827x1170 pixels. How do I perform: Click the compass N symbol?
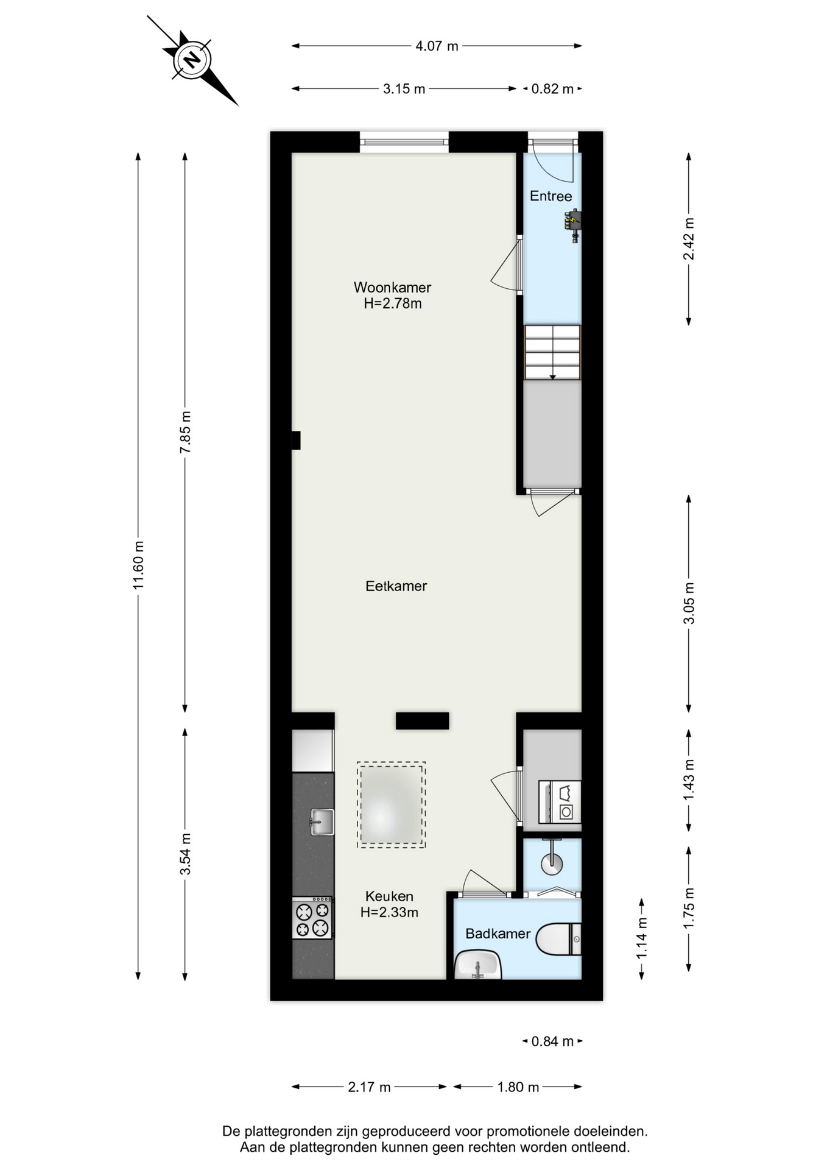[192, 60]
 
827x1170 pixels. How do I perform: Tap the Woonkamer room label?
[393, 287]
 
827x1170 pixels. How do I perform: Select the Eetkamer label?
[396, 586]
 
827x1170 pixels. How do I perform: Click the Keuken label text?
[389, 896]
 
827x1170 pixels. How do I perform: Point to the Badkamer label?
[498, 934]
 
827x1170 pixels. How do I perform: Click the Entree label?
[551, 196]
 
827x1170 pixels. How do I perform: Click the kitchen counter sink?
[322, 821]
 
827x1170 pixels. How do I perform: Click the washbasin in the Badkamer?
[478, 965]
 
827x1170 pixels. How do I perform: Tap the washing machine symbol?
[561, 801]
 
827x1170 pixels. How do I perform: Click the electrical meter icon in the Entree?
[573, 225]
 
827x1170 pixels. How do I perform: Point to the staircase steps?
[553, 352]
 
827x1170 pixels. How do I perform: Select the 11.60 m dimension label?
[138, 565]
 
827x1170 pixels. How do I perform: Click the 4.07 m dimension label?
[437, 46]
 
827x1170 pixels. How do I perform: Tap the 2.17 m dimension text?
[369, 1087]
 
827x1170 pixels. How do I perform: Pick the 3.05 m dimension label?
[689, 603]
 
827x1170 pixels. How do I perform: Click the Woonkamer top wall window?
[404, 143]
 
